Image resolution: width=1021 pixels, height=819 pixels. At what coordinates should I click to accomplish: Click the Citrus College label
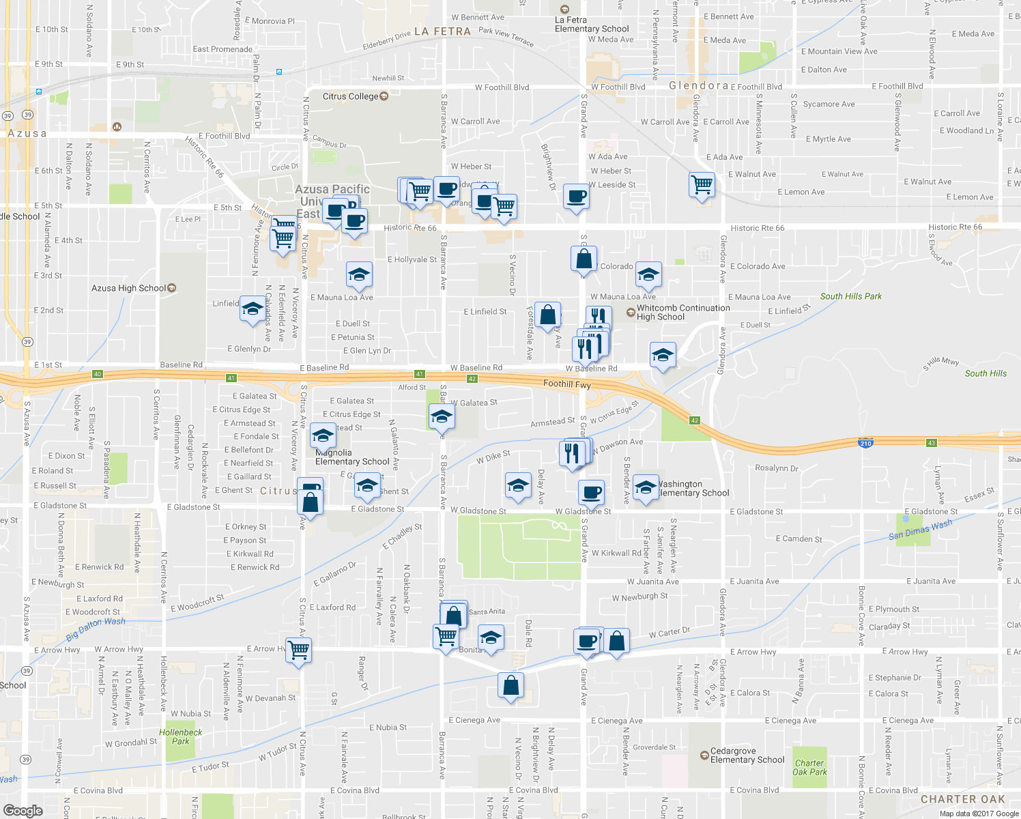click(350, 96)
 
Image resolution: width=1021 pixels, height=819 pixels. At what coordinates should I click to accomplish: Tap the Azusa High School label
click(129, 288)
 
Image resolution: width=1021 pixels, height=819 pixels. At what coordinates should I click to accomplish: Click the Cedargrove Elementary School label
click(747, 755)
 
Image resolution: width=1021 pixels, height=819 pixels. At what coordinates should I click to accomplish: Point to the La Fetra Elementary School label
click(591, 25)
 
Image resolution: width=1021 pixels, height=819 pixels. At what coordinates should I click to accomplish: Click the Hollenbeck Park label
click(180, 736)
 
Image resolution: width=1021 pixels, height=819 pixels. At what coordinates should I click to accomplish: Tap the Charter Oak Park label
click(809, 768)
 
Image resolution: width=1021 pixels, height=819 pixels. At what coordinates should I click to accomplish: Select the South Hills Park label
click(850, 296)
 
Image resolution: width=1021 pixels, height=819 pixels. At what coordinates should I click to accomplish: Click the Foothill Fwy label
click(566, 384)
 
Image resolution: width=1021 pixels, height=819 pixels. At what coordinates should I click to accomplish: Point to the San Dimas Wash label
click(920, 530)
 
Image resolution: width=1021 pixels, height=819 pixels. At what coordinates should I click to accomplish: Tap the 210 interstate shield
click(865, 444)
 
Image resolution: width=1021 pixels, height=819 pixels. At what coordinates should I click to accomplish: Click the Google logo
click(23, 810)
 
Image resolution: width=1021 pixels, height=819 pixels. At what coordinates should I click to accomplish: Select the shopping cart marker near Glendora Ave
click(702, 184)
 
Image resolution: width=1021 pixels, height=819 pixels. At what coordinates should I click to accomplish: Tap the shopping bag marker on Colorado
click(584, 259)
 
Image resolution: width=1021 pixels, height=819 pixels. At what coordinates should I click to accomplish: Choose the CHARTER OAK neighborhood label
click(962, 799)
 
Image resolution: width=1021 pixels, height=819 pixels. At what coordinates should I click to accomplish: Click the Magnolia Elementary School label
click(352, 457)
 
